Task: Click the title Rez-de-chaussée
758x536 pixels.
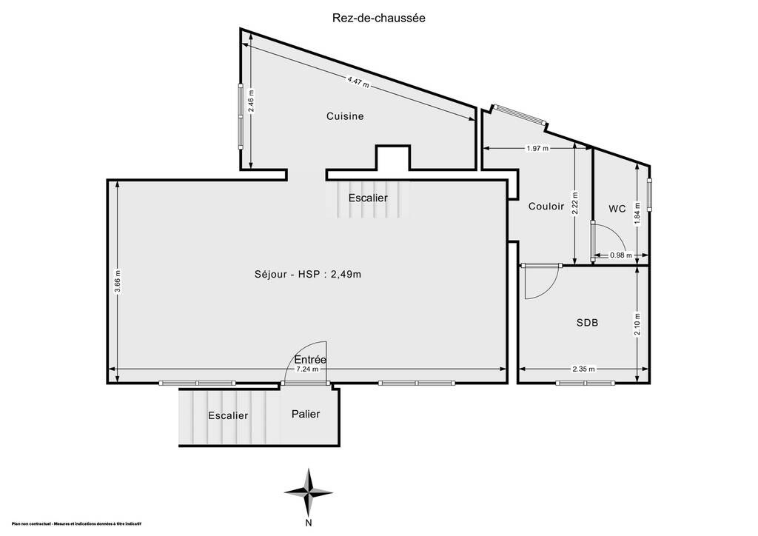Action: (x=378, y=18)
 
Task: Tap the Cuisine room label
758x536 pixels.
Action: (x=345, y=116)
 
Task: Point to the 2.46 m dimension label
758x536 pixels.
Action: (x=251, y=101)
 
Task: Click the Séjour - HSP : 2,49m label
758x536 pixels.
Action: (x=308, y=274)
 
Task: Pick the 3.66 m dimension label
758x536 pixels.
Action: (x=118, y=281)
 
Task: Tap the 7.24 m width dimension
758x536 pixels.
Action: (x=307, y=369)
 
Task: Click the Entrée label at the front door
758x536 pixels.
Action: (x=310, y=360)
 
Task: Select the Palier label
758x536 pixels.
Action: (x=306, y=414)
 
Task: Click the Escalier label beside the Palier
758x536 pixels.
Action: (x=228, y=415)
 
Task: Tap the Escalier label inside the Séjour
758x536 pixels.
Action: (x=368, y=198)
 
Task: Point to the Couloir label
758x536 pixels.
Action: (x=546, y=207)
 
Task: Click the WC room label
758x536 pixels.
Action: (x=617, y=209)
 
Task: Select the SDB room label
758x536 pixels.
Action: (x=587, y=322)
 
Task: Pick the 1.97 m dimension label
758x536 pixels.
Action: (x=537, y=148)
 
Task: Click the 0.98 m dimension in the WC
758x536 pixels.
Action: (x=621, y=255)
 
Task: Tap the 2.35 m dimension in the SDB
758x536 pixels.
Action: (x=584, y=369)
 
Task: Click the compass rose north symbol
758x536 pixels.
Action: (x=309, y=493)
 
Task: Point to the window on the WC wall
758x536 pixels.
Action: (x=649, y=195)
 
